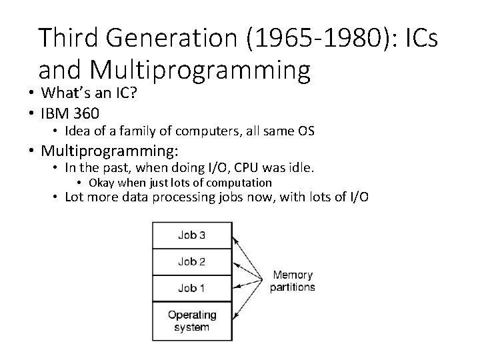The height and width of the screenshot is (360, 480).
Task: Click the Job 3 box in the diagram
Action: click(x=192, y=235)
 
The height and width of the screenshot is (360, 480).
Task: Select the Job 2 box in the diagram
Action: click(x=192, y=261)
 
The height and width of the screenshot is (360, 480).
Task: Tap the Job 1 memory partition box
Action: click(x=192, y=289)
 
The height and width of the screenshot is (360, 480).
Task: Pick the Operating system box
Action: click(x=192, y=320)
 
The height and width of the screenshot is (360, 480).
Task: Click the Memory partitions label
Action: click(x=292, y=281)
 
